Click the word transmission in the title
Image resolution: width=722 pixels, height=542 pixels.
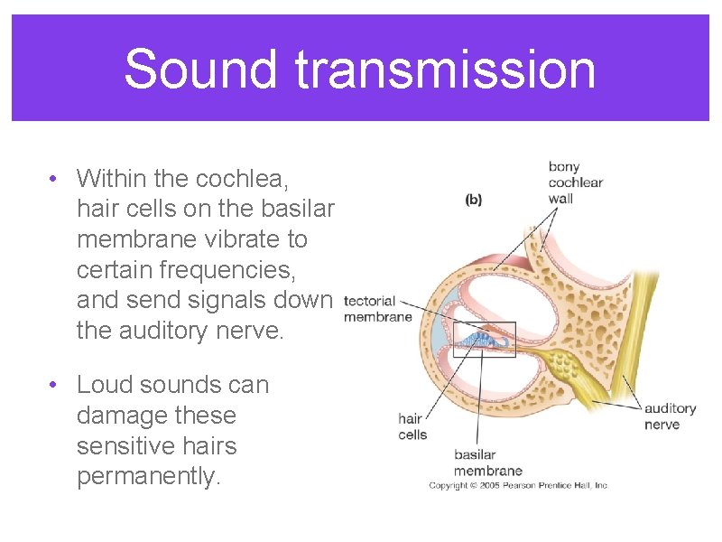(x=439, y=70)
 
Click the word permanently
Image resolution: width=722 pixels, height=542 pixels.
(x=149, y=477)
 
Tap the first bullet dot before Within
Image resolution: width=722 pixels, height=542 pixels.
(x=56, y=178)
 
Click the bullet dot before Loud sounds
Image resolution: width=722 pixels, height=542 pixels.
(x=56, y=385)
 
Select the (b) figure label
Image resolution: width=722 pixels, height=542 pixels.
(x=474, y=200)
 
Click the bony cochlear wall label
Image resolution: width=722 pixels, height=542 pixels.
(x=575, y=182)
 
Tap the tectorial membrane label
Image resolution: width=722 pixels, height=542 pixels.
(x=378, y=308)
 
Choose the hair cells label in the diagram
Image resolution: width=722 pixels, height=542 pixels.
(x=412, y=426)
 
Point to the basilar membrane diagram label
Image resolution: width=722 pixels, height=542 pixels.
(x=487, y=463)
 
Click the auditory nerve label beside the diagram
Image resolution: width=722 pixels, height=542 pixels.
(x=670, y=416)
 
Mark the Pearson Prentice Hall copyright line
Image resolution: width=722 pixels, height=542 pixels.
(x=519, y=486)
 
